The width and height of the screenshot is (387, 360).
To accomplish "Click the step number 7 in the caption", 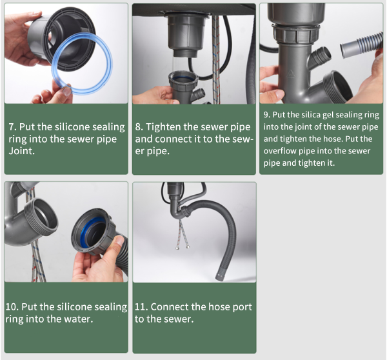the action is tap(12, 127).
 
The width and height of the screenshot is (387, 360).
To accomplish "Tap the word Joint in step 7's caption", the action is tap(21, 151).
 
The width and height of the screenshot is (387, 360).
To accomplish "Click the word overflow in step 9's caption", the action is tap(280, 151).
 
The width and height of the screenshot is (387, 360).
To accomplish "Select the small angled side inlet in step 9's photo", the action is tap(322, 55).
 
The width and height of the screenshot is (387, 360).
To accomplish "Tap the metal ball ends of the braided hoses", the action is tap(183, 246).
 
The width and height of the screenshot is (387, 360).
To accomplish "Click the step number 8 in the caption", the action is tap(139, 127).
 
